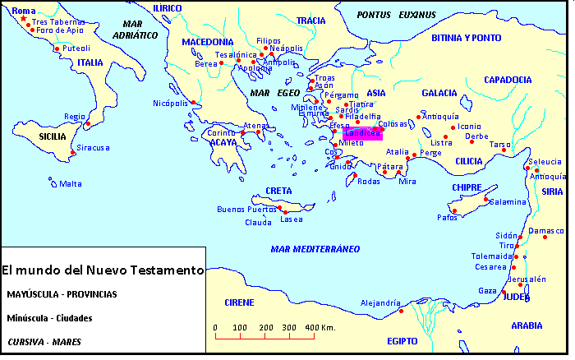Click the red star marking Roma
(x=23, y=19)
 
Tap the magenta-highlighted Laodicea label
(x=362, y=133)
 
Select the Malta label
(x=71, y=183)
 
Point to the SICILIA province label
(x=40, y=136)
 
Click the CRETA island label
(x=278, y=191)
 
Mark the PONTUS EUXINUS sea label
(x=396, y=15)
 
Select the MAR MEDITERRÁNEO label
(x=315, y=248)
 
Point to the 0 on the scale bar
(x=215, y=328)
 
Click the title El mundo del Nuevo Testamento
(x=102, y=270)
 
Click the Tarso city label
(x=500, y=144)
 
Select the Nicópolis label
(x=171, y=103)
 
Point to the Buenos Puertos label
(x=246, y=209)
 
